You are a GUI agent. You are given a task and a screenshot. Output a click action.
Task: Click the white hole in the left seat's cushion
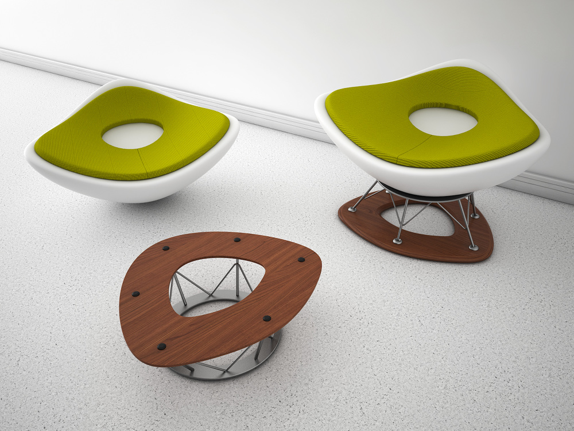pos(133,136)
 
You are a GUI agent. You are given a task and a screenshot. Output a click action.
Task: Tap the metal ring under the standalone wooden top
pos(230,371)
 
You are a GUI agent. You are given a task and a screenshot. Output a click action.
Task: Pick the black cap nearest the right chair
pos(301,260)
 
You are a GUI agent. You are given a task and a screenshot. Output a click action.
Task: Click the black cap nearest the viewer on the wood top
pos(162,347)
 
